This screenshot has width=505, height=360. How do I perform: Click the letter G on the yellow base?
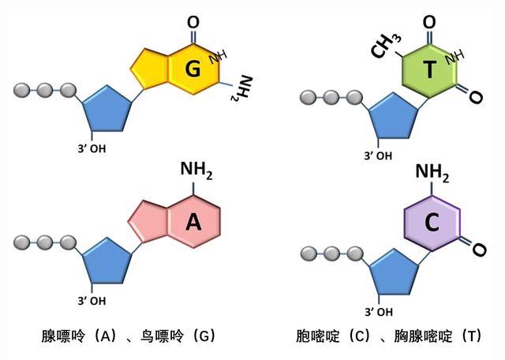click(193, 69)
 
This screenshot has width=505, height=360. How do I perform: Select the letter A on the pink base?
click(193, 223)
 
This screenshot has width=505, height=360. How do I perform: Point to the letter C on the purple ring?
click(432, 223)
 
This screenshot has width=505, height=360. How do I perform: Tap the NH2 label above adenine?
click(196, 168)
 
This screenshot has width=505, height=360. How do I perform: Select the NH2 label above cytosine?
click(432, 171)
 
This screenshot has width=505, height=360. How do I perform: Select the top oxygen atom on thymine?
click(429, 21)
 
